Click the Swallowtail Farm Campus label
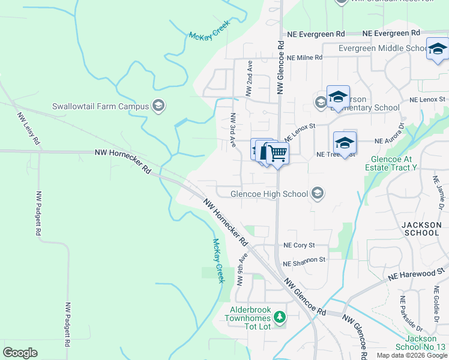pos(100,106)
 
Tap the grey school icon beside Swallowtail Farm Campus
pos(158,106)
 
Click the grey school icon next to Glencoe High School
pos(318,193)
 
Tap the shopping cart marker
pos(277,154)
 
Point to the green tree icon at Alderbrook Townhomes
pos(279,316)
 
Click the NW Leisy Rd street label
pos(28,128)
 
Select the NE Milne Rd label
pos(304,58)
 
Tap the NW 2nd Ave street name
pos(249,78)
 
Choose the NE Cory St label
pos(307,245)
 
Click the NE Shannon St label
pos(304,260)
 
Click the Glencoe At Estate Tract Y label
pos(393,163)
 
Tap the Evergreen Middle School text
pos(382,48)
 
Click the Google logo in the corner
pos(20,352)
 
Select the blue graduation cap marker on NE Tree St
pos(345,143)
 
